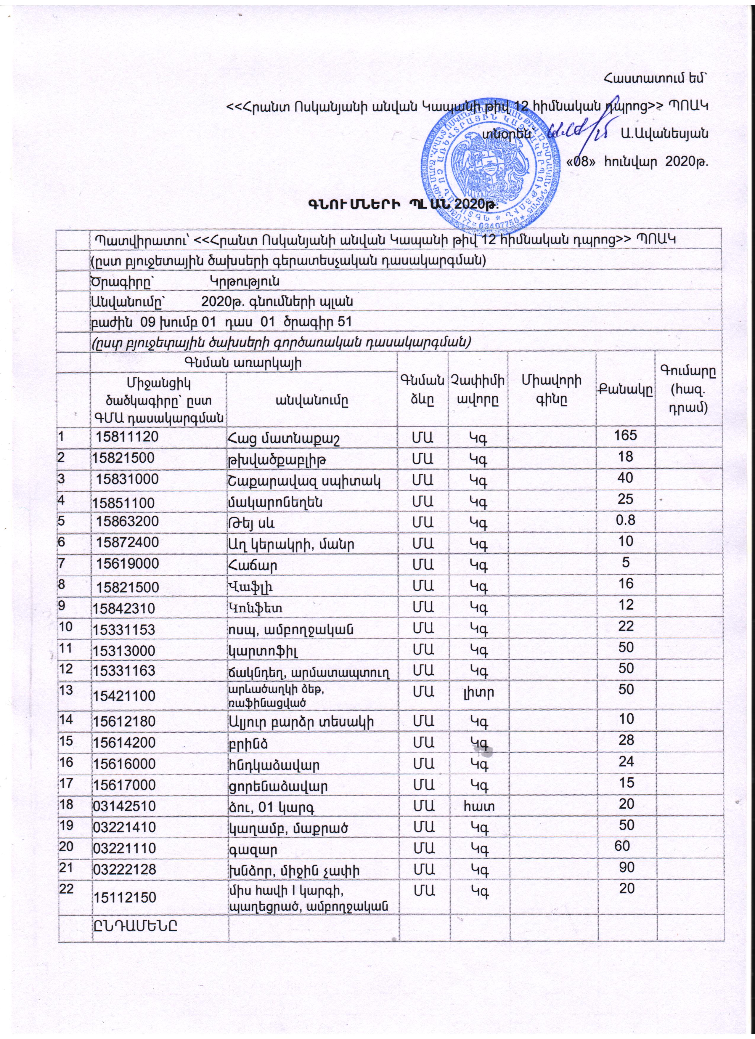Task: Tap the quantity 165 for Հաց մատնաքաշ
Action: click(626, 435)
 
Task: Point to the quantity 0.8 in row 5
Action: click(626, 520)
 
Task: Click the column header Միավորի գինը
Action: click(551, 389)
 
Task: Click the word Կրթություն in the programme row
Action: click(245, 280)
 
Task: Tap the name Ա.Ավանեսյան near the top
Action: click(664, 134)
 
